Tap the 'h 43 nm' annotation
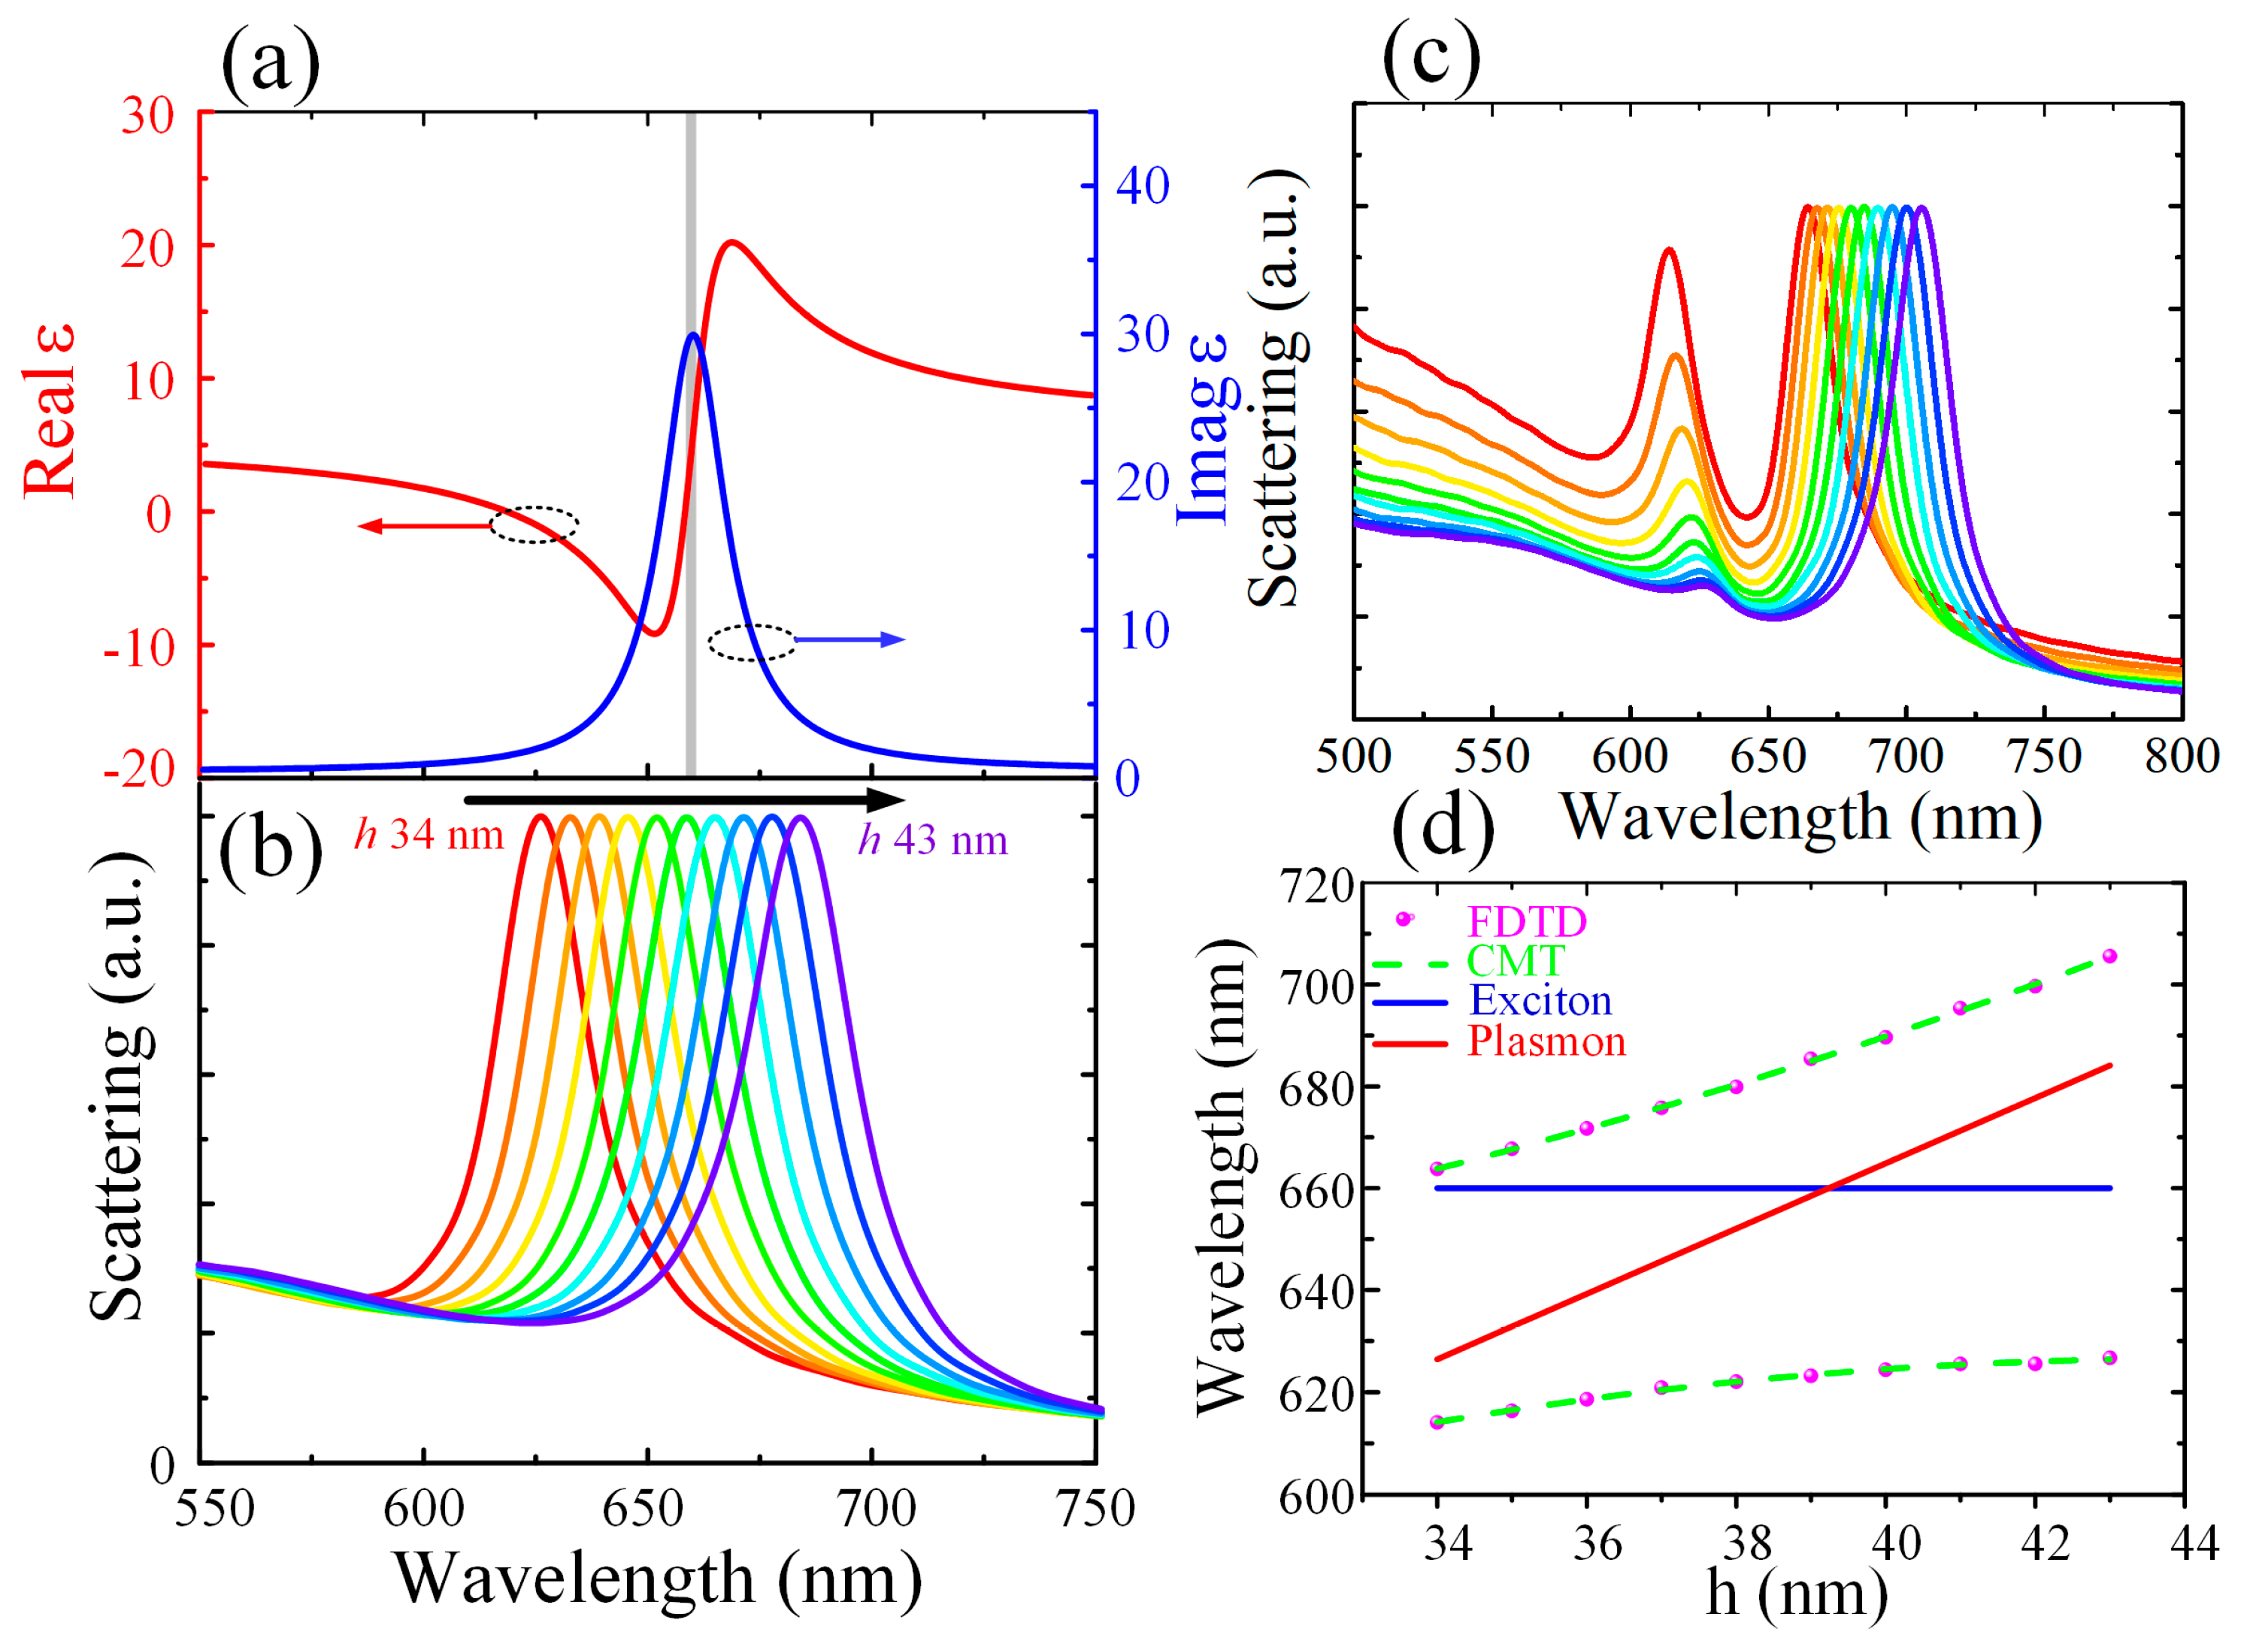click(933, 840)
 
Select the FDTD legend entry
click(1526, 921)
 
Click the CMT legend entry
click(1516, 961)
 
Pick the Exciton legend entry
click(1540, 1001)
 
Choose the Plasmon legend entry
click(1546, 1042)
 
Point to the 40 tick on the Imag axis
click(1142, 186)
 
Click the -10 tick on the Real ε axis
click(139, 648)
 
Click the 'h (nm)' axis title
click(1796, 1593)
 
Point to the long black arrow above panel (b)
click(685, 799)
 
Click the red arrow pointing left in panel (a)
click(423, 525)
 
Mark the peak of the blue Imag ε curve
click(692, 334)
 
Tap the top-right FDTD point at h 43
click(2109, 956)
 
